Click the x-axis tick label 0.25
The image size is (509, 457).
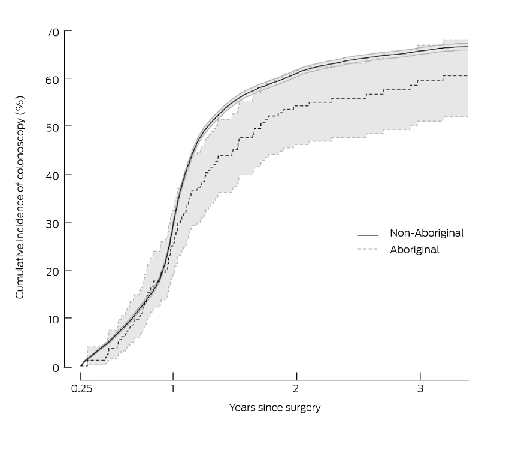[80, 389]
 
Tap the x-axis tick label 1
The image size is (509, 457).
[173, 389]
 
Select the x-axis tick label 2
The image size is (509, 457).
[296, 389]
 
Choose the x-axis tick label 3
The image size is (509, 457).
[420, 389]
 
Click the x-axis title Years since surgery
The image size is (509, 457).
[275, 408]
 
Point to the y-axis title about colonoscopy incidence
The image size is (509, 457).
[20, 198]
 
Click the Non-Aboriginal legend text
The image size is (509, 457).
[427, 233]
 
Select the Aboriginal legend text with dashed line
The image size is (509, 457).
[414, 250]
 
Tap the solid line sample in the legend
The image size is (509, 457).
[368, 234]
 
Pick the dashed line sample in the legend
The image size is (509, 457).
[368, 250]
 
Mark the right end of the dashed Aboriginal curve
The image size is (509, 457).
[467, 75]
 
